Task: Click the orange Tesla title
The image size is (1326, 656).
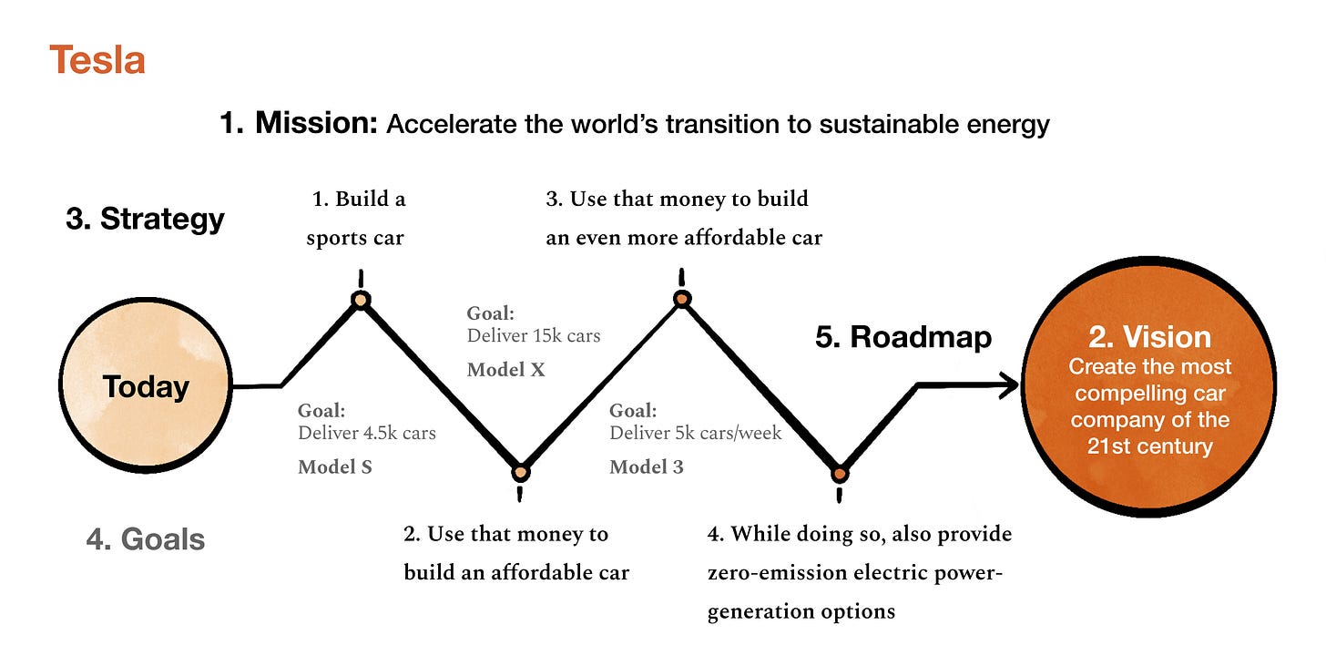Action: pyautogui.click(x=97, y=61)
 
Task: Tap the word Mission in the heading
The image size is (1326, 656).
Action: pyautogui.click(x=316, y=123)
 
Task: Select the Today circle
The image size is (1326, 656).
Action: pyautogui.click(x=146, y=386)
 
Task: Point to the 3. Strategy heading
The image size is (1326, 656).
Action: pyautogui.click(x=145, y=220)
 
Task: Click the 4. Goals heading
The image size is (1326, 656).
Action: pyautogui.click(x=146, y=539)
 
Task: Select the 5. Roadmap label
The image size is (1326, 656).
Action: pyautogui.click(x=903, y=337)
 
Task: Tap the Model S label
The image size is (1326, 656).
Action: pyautogui.click(x=334, y=467)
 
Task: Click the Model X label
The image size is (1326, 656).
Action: pyautogui.click(x=505, y=370)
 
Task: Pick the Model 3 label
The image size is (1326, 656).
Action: pyautogui.click(x=646, y=467)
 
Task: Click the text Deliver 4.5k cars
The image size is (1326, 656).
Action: pyautogui.click(x=367, y=433)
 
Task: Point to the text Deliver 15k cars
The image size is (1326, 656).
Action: pyautogui.click(x=534, y=335)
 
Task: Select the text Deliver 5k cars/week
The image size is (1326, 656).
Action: pyautogui.click(x=696, y=433)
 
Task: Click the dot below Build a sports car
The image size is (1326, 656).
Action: pyautogui.click(x=362, y=300)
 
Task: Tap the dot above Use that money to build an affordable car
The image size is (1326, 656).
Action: pyautogui.click(x=520, y=472)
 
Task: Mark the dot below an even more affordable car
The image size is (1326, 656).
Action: pyautogui.click(x=680, y=299)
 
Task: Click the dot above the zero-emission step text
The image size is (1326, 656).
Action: pyautogui.click(x=840, y=474)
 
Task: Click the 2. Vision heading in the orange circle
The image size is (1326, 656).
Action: pyautogui.click(x=1149, y=337)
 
